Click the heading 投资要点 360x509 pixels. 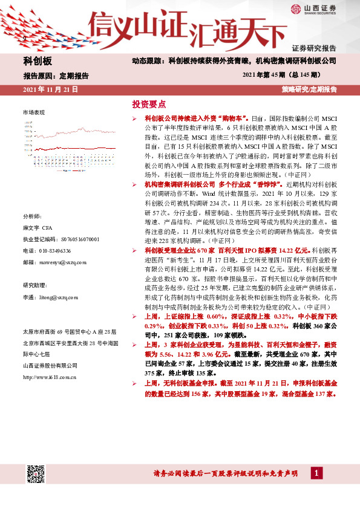coord(149,103)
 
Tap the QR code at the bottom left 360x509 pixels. coord(36,474)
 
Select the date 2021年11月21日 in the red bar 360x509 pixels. coord(50,89)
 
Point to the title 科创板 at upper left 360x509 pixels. coord(38,62)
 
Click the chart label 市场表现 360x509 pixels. coord(34,112)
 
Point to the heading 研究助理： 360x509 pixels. coord(35,285)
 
